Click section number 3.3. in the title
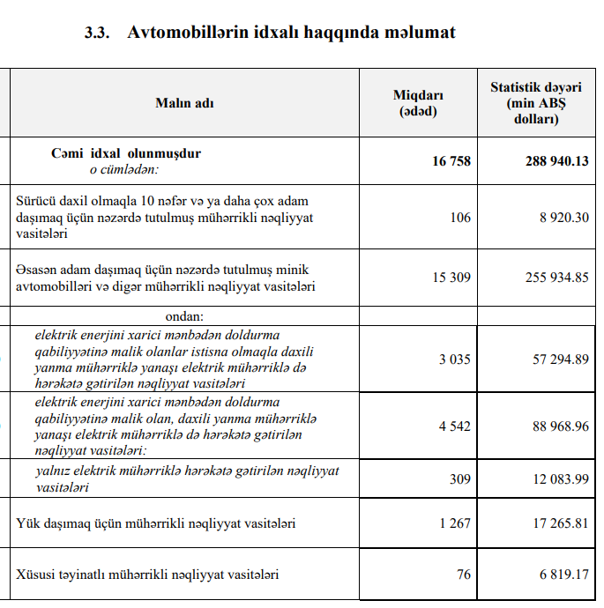tap(98, 33)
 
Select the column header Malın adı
tap(184, 103)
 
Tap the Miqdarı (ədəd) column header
tap(418, 103)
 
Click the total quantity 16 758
tap(451, 161)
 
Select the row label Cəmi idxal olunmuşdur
tap(126, 153)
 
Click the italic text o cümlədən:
tap(123, 168)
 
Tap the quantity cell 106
tap(460, 218)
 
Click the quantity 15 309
tap(451, 278)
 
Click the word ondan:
tap(184, 315)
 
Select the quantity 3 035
tap(455, 360)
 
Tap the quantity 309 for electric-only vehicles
tap(460, 478)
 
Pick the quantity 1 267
tap(455, 523)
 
